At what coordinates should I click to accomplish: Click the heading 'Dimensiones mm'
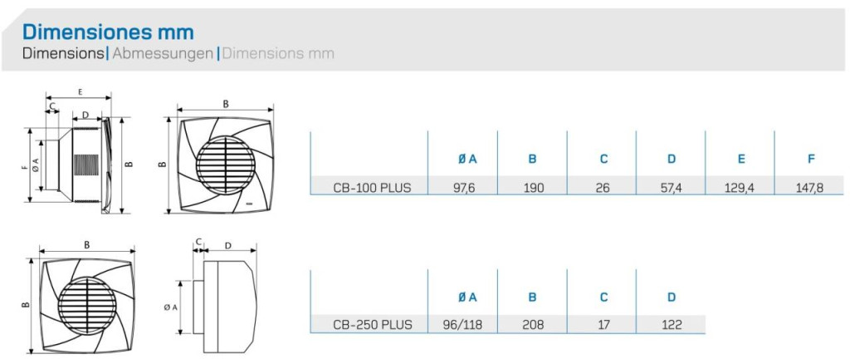[108, 32]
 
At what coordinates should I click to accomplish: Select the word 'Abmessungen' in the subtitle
[163, 54]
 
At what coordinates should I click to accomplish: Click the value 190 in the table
[532, 188]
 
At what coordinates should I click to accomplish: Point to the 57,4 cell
[672, 188]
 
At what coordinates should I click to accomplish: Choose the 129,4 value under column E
[740, 188]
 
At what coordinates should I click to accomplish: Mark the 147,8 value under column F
[810, 188]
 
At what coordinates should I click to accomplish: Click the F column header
[811, 159]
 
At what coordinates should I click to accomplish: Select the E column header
[741, 159]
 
